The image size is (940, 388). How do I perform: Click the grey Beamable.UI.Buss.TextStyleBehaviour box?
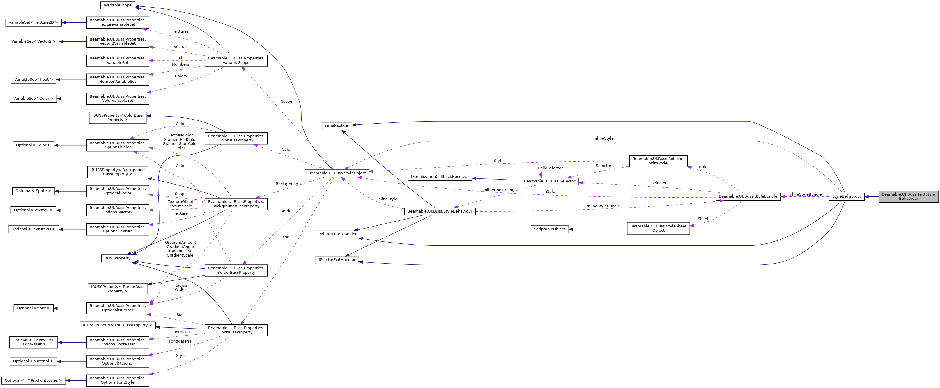coord(908,196)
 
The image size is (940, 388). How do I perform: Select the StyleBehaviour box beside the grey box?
coord(846,196)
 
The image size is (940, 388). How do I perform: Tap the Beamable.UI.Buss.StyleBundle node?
coord(748,196)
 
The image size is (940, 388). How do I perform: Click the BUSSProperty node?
coord(118,258)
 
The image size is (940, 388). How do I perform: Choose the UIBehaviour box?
coord(337,126)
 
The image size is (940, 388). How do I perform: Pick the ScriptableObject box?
coord(549,229)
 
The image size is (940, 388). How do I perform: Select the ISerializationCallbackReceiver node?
coord(440,176)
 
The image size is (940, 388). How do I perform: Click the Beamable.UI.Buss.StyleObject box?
coord(337,173)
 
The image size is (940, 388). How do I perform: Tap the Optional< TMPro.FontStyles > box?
coord(33,380)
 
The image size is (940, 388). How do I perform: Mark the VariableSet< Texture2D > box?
coord(33,22)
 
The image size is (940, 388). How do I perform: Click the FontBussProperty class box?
coord(236,330)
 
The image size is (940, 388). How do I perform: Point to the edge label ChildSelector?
coord(550,168)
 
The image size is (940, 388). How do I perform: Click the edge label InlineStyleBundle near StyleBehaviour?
coord(805,194)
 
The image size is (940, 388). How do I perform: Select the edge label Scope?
coord(286,101)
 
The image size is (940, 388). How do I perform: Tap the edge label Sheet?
coord(703,219)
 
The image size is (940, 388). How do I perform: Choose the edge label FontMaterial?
coord(180,341)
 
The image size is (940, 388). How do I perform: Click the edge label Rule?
coord(703,167)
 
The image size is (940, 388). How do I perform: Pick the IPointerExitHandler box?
coord(337,260)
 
